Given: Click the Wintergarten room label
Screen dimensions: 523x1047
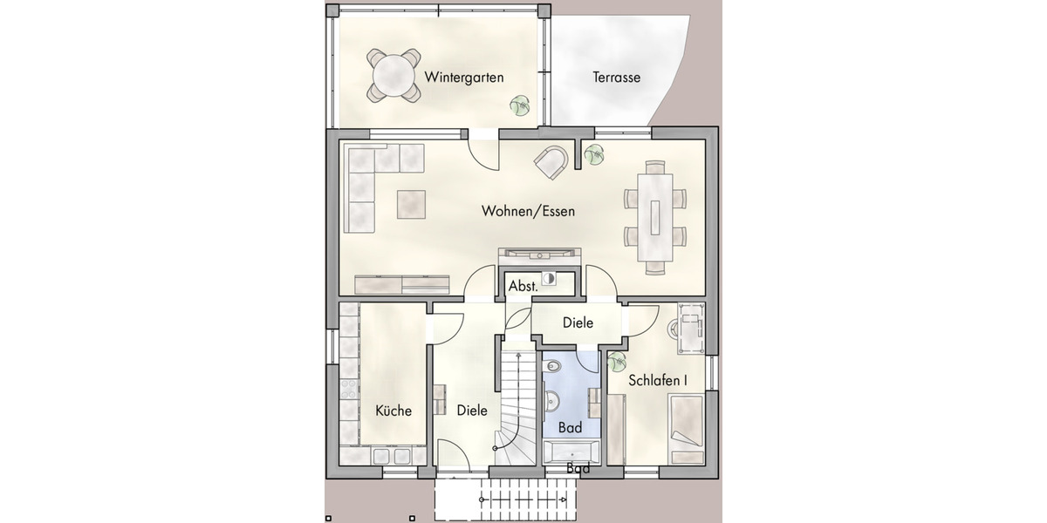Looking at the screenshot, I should tap(464, 78).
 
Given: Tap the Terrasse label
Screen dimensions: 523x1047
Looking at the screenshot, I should tap(617, 78).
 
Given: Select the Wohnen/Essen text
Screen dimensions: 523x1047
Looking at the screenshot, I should tap(529, 211).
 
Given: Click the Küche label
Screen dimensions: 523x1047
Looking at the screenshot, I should tap(393, 411).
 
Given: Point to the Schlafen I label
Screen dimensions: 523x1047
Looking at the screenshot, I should tap(658, 381).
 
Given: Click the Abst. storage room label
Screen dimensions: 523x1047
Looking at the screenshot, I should tap(523, 285).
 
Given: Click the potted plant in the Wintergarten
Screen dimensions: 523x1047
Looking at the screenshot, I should tap(520, 105).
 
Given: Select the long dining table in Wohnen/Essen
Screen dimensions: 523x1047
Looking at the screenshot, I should tap(655, 213).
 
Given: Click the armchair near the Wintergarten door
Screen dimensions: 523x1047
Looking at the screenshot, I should tap(552, 161).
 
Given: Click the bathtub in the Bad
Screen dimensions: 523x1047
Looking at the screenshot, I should tap(571, 451).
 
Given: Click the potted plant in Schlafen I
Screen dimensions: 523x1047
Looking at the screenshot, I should tap(617, 361).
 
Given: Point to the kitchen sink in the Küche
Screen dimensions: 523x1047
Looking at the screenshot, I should tap(393, 456).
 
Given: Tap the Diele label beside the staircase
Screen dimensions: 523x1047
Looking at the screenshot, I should tap(472, 411).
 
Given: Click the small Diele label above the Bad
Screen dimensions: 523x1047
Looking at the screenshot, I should tap(578, 323).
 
